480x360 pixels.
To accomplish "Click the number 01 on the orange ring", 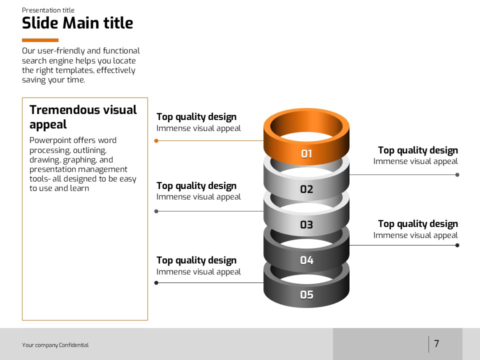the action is pyautogui.click(x=306, y=153).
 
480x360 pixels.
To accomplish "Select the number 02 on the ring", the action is pyautogui.click(x=306, y=189).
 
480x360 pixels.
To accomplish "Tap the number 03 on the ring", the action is pyautogui.click(x=306, y=224).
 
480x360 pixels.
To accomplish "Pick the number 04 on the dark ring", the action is pyautogui.click(x=306, y=260).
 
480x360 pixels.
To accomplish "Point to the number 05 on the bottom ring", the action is pyautogui.click(x=306, y=295).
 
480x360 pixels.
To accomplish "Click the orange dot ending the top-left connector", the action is pyautogui.click(x=156, y=141).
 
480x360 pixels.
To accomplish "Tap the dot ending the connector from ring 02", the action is pyautogui.click(x=457, y=175).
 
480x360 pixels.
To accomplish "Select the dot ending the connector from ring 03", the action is pyautogui.click(x=156, y=211).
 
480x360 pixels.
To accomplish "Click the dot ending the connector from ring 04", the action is pyautogui.click(x=457, y=245).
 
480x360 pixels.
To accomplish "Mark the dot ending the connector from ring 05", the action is pyautogui.click(x=156, y=283).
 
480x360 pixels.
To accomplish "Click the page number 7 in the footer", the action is pyautogui.click(x=437, y=343).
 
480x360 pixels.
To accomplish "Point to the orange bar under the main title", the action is pyautogui.click(x=40, y=40).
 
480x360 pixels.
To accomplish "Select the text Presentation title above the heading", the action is pyautogui.click(x=48, y=10).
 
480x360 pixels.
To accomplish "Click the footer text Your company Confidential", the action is pyautogui.click(x=55, y=345).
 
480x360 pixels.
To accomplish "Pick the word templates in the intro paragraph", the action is pyautogui.click(x=74, y=70).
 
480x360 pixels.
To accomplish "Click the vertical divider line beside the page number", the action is pyautogui.click(x=428, y=344).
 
